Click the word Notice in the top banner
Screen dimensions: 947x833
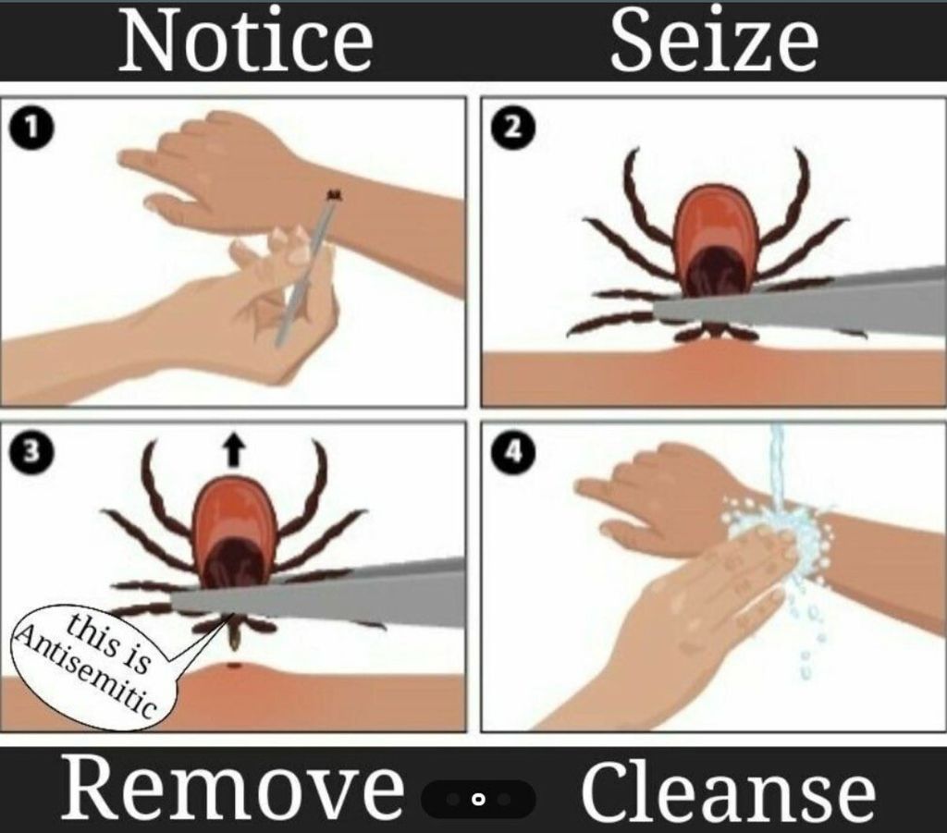[246, 42]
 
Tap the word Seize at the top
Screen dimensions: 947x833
[715, 40]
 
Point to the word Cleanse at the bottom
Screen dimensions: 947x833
[729, 790]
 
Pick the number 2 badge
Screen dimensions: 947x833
[512, 129]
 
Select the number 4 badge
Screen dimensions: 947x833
[512, 452]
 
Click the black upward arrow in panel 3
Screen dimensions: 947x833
[234, 451]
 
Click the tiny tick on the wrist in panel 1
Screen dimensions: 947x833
[334, 194]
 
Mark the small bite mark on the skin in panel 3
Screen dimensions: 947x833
[234, 666]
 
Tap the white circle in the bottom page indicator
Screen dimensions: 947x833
[478, 800]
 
